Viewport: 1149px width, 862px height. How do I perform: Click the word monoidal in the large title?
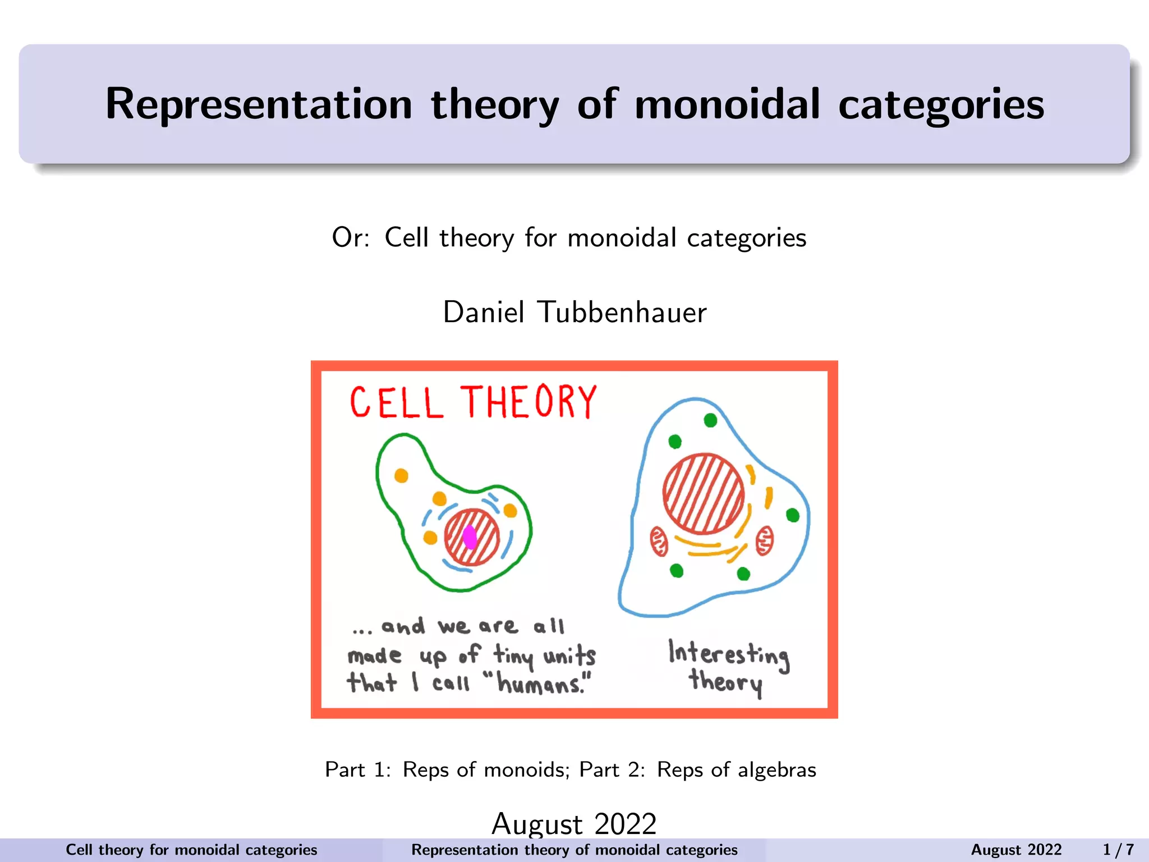[x=727, y=104]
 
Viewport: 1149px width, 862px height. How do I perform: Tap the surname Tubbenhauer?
[x=622, y=312]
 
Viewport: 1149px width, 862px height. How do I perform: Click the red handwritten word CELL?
[x=397, y=402]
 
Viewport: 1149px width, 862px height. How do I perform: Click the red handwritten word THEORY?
[x=528, y=402]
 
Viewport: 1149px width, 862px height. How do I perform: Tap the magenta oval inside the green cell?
[x=470, y=537]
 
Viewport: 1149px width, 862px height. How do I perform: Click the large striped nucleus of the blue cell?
[x=703, y=493]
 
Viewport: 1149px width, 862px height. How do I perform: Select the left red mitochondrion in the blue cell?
[x=659, y=541]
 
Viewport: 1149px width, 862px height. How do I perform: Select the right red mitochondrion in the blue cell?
[x=764, y=541]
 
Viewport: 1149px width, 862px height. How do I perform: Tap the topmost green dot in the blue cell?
[x=710, y=420]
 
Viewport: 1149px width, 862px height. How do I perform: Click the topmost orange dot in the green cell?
[x=401, y=476]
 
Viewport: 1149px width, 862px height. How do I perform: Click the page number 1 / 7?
[x=1118, y=850]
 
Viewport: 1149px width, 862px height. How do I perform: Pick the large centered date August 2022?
[x=574, y=823]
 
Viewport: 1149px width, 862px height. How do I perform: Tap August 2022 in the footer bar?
[x=1016, y=850]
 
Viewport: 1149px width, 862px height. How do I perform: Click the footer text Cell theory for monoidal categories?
[x=191, y=850]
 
